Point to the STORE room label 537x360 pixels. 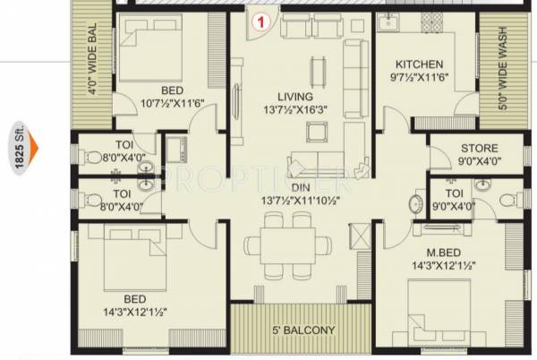(x=479, y=148)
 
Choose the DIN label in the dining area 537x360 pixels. (x=299, y=188)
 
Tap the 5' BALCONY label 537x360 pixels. (x=303, y=330)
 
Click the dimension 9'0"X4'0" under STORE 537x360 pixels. (x=479, y=162)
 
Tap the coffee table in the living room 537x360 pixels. (x=315, y=132)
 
